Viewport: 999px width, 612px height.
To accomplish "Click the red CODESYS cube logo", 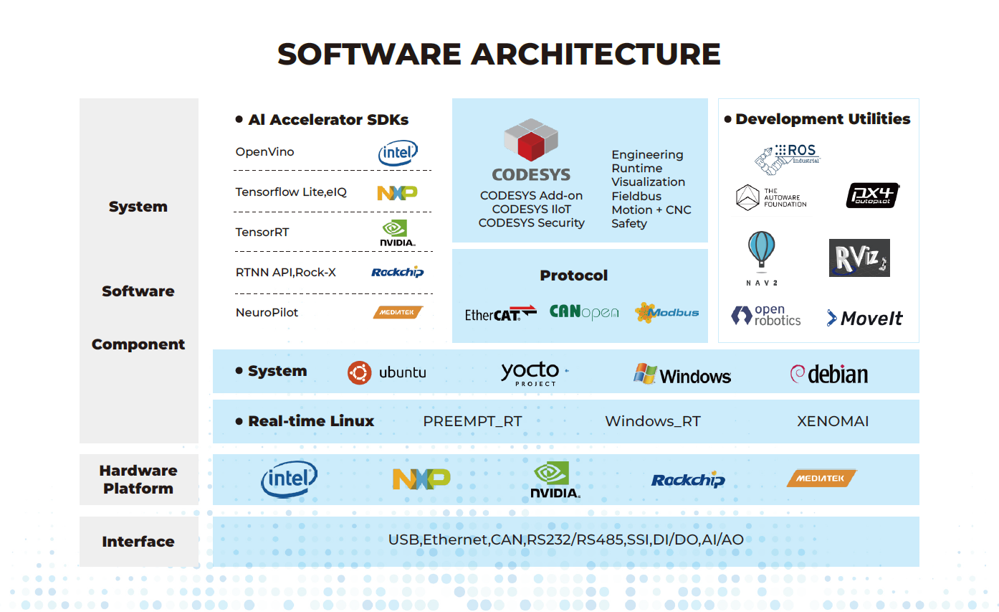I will (x=531, y=140).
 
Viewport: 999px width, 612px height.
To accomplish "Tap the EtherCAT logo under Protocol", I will (x=500, y=313).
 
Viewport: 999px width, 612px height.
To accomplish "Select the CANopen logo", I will (x=583, y=312).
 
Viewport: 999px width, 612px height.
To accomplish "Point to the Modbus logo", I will (x=666, y=312).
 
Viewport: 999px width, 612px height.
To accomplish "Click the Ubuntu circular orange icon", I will (x=359, y=372).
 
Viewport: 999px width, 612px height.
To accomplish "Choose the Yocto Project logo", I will (x=531, y=373).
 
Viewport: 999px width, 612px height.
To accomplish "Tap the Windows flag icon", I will (x=645, y=373).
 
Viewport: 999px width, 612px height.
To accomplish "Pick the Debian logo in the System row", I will (x=828, y=373).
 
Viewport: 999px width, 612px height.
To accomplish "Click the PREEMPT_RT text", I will (x=472, y=421).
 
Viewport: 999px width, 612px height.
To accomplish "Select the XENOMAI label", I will (x=833, y=421).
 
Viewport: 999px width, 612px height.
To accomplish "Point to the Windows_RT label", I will (x=652, y=421).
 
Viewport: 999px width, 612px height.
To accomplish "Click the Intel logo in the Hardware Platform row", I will (x=289, y=479).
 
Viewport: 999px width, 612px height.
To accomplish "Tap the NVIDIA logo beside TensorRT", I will (x=397, y=233).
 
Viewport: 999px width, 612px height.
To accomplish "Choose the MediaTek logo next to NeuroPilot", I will (x=398, y=312).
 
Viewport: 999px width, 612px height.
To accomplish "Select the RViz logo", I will (x=859, y=258).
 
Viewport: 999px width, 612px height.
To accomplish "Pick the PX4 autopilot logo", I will (x=872, y=195).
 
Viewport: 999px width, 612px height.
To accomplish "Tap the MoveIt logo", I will (x=864, y=318).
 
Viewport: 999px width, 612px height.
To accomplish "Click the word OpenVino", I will (x=264, y=152).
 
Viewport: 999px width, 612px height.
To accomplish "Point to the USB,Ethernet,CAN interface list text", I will (x=565, y=540).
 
